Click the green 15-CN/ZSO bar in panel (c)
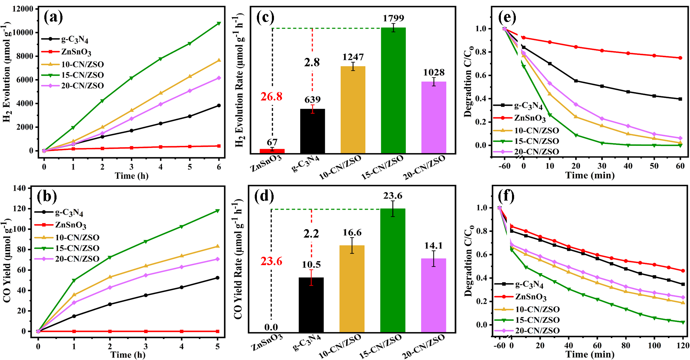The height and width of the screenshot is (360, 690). pos(393,91)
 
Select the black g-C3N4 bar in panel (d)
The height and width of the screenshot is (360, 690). pos(311,305)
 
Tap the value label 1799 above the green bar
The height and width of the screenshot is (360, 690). pos(393,18)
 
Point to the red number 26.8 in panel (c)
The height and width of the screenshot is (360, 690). pos(271,97)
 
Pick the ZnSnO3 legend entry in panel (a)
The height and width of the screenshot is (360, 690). pos(66,52)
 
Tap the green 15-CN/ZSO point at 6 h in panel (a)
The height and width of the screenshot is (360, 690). pos(219,23)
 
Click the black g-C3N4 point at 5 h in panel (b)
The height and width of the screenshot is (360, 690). pos(217,278)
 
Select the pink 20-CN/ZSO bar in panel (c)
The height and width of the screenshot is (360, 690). pos(434,118)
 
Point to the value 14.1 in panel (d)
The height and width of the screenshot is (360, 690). pos(433,246)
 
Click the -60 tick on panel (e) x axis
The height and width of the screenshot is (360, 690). pos(504,166)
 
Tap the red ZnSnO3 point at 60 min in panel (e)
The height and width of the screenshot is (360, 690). pos(680,58)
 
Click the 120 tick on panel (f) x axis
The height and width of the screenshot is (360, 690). pos(683,346)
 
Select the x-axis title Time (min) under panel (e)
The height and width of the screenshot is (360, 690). pos(590,175)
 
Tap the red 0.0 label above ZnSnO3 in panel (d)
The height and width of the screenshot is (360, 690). pos(271,327)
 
